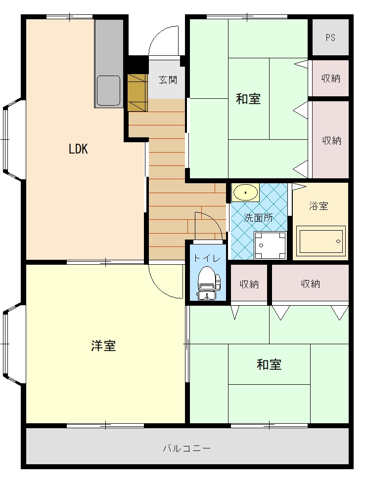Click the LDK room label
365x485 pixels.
pyautogui.click(x=78, y=149)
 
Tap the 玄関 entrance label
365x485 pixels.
pyautogui.click(x=168, y=80)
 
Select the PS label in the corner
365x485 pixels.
pyautogui.click(x=330, y=38)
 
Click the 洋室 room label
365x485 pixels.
pyautogui.click(x=103, y=346)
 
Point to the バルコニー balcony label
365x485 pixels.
pyautogui.click(x=187, y=448)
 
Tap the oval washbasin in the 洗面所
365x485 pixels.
pyautogui.click(x=245, y=192)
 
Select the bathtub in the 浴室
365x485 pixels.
pyautogui.click(x=320, y=242)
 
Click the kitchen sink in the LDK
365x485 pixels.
pyautogui.click(x=108, y=90)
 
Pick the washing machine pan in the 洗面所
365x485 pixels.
pyautogui.click(x=270, y=244)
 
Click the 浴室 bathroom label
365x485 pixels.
pyautogui.click(x=319, y=206)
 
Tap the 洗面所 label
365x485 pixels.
pyautogui.click(x=258, y=218)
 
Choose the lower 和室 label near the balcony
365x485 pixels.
pyautogui.click(x=269, y=365)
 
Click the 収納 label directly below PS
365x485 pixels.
pyautogui.click(x=330, y=78)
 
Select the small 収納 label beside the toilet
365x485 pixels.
pyautogui.click(x=249, y=284)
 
